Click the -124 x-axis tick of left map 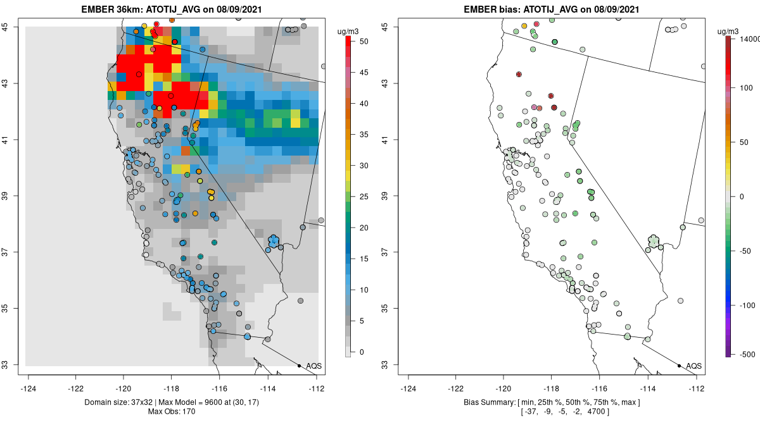(x=28, y=389)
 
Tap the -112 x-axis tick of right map (x=697, y=389)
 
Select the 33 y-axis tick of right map (x=393, y=364)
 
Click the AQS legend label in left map (x=313, y=366)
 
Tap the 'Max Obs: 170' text (x=172, y=412)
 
